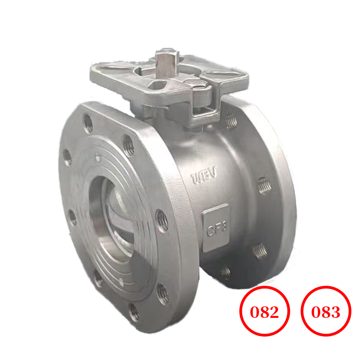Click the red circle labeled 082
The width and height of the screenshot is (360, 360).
[x=265, y=312]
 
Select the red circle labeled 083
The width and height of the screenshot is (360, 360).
[x=326, y=312]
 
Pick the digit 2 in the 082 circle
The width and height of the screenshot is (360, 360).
[x=276, y=313]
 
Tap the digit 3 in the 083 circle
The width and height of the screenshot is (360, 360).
[x=336, y=313]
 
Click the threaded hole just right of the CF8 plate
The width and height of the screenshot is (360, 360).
[x=259, y=250]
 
